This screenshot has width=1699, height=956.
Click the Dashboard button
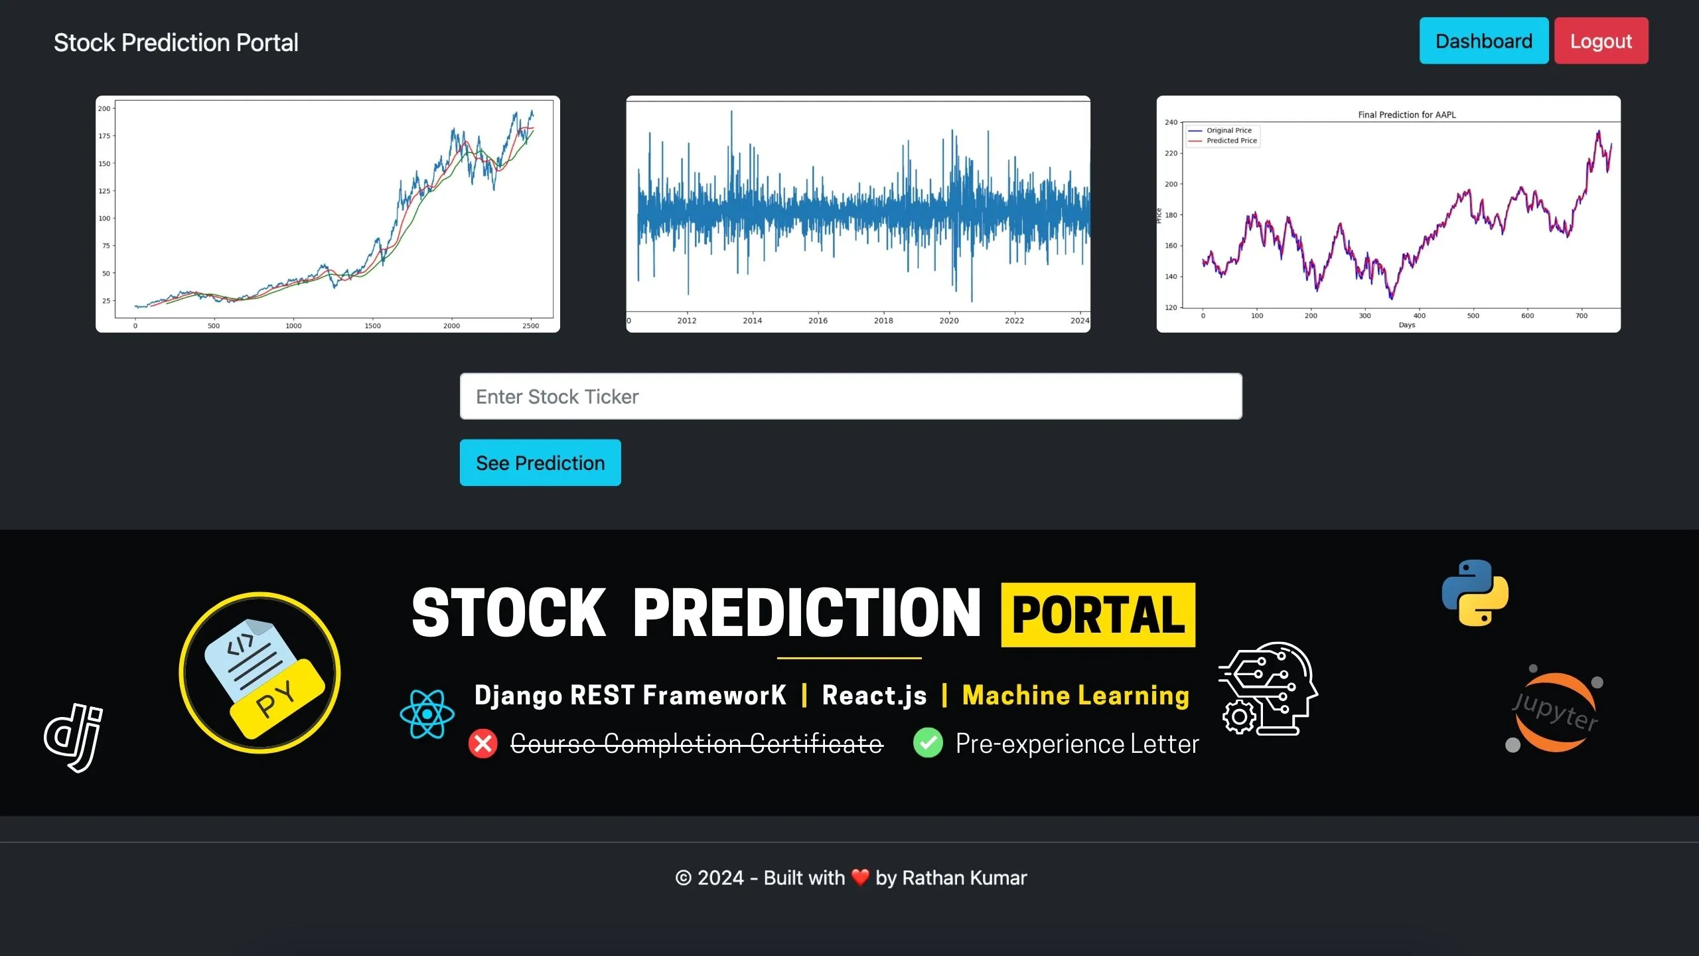coord(1483,41)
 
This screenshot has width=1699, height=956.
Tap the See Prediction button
coord(540,463)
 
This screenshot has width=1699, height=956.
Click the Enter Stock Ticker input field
coord(851,396)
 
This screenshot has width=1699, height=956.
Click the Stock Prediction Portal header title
coord(176,42)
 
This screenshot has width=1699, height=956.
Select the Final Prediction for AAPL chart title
coord(1406,115)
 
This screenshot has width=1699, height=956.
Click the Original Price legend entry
coord(1228,131)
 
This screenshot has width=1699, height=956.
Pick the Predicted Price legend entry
coord(1231,141)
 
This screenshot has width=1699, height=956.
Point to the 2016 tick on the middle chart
coord(818,321)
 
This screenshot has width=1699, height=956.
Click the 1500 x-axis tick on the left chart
coord(372,326)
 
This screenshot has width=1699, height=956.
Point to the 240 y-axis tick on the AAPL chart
coord(1171,123)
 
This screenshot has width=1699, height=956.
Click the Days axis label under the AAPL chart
coord(1406,325)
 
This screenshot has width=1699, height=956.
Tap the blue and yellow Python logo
coord(1475,593)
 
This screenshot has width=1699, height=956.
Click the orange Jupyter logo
coord(1554,712)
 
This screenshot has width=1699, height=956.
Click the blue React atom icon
coord(427,714)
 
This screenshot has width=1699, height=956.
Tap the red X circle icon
coord(482,744)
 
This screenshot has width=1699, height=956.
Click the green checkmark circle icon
coord(928,743)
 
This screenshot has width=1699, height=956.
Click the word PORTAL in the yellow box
coord(1098,615)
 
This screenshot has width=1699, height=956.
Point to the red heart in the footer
coord(860,877)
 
